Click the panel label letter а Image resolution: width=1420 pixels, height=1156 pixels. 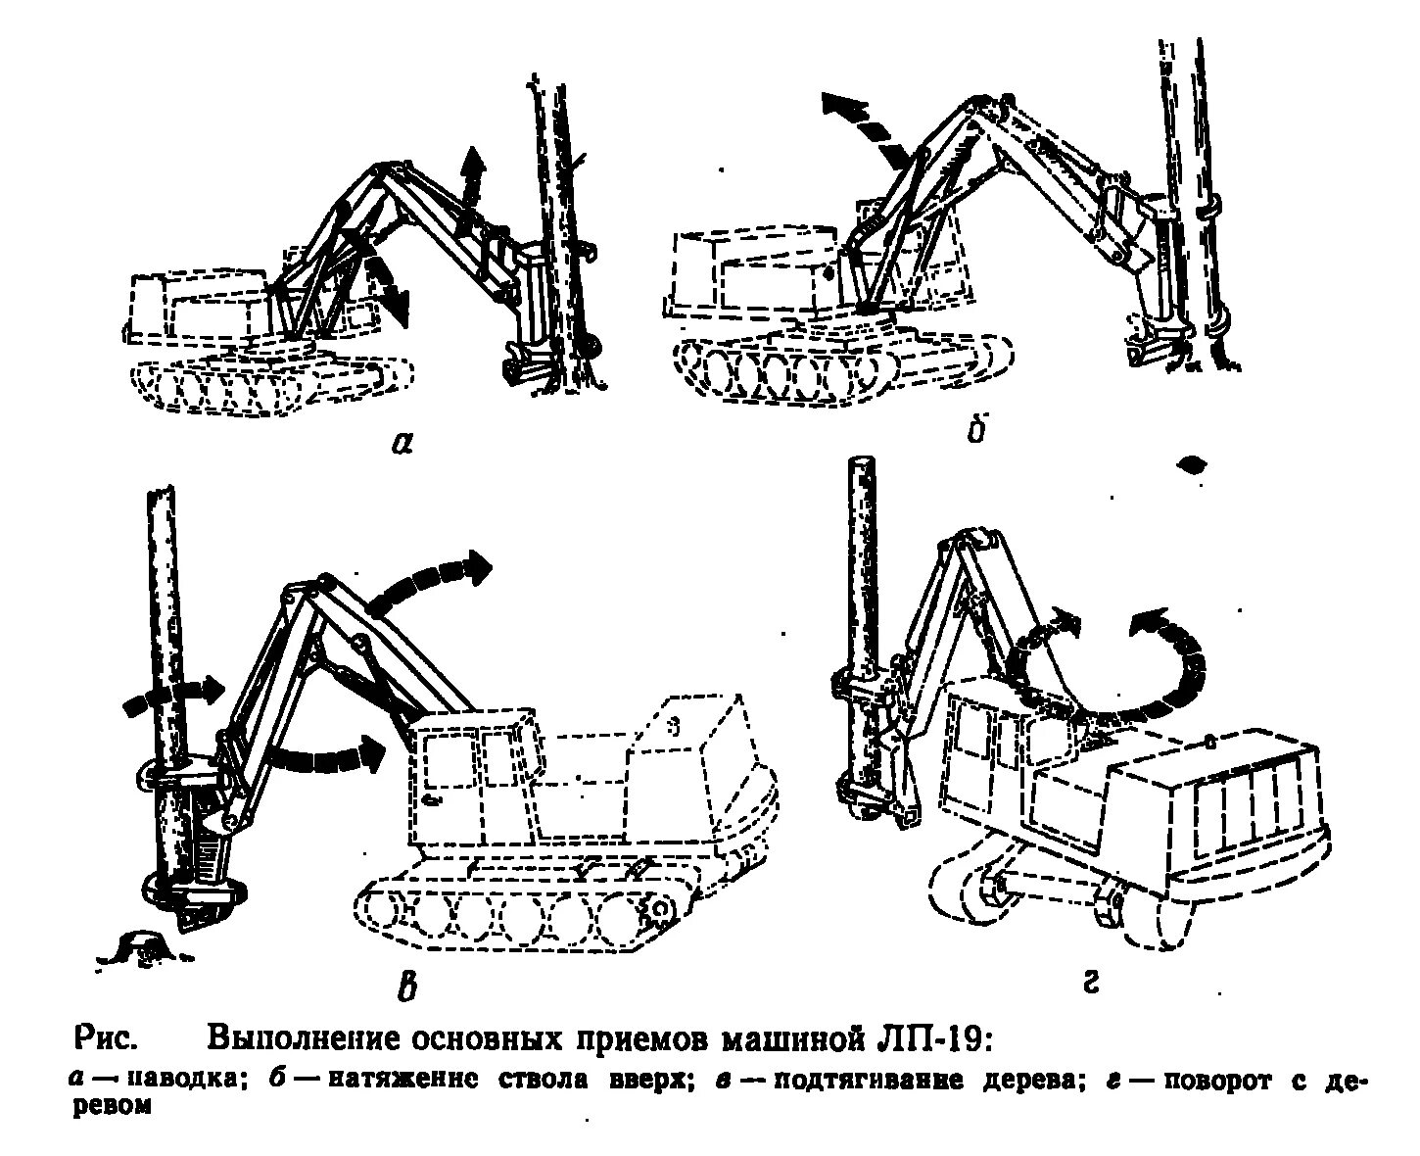[x=402, y=443]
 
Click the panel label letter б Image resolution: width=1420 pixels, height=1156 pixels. [x=974, y=431]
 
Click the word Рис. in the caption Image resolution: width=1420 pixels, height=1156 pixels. [x=105, y=1039]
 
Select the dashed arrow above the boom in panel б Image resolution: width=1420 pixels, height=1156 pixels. [x=867, y=125]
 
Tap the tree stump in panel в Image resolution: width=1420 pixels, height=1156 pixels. [x=144, y=946]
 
